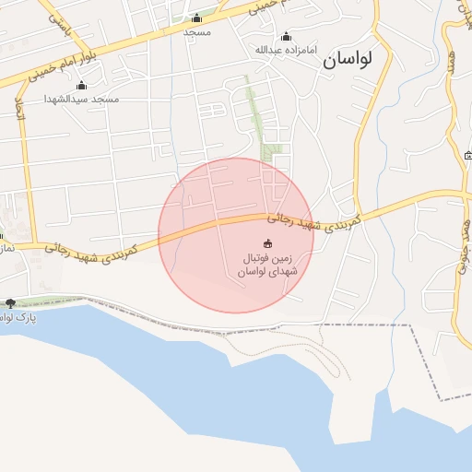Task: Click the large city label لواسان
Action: [347, 61]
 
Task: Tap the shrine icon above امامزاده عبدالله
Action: [286, 37]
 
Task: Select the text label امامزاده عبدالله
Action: [286, 49]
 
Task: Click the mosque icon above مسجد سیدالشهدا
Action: [83, 86]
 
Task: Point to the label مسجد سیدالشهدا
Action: [83, 98]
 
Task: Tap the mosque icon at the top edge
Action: [196, 18]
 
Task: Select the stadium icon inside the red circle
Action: [268, 243]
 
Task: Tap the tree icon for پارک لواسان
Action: [10, 303]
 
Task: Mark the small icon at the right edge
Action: [468, 155]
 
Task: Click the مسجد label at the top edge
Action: [197, 32]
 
